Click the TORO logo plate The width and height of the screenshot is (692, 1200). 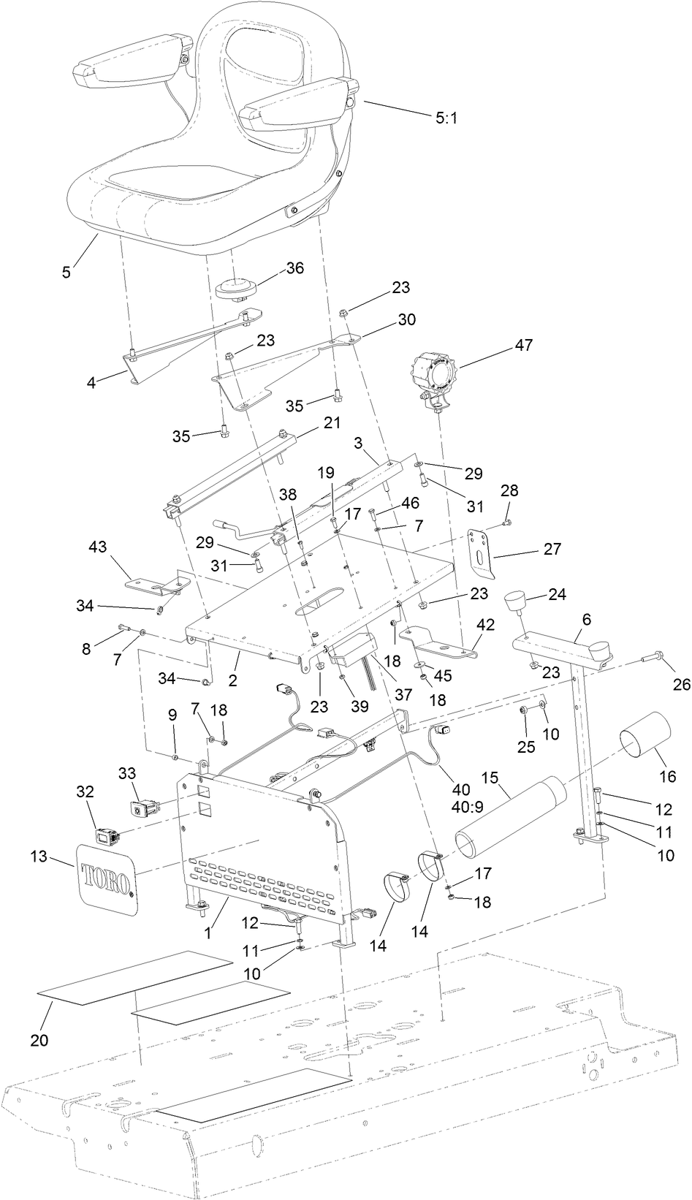(107, 877)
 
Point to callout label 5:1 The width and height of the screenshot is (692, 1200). (446, 117)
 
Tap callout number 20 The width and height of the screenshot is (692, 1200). (39, 1039)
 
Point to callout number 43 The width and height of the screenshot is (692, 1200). (98, 547)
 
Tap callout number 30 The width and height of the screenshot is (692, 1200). (406, 320)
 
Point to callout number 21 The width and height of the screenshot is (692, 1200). (332, 423)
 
